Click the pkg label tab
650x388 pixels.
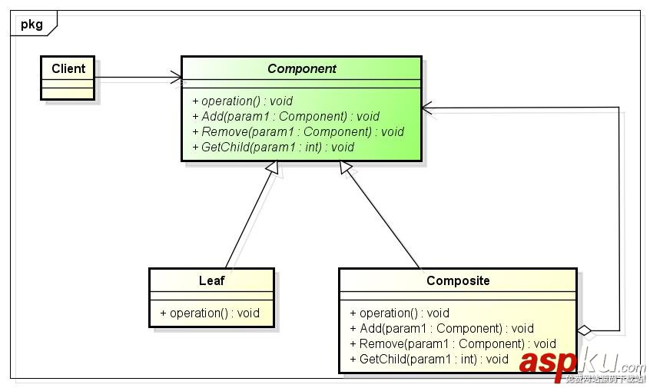point(32,24)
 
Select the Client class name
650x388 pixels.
point(68,68)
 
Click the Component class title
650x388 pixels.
point(301,68)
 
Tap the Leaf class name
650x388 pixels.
point(211,280)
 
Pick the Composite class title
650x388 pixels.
point(458,280)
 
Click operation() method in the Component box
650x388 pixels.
point(242,101)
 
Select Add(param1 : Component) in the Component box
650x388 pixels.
point(286,116)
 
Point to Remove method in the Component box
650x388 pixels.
point(298,131)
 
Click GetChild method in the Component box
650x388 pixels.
point(273,147)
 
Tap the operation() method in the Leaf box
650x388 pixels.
point(210,313)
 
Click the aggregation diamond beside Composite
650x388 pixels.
point(585,331)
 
